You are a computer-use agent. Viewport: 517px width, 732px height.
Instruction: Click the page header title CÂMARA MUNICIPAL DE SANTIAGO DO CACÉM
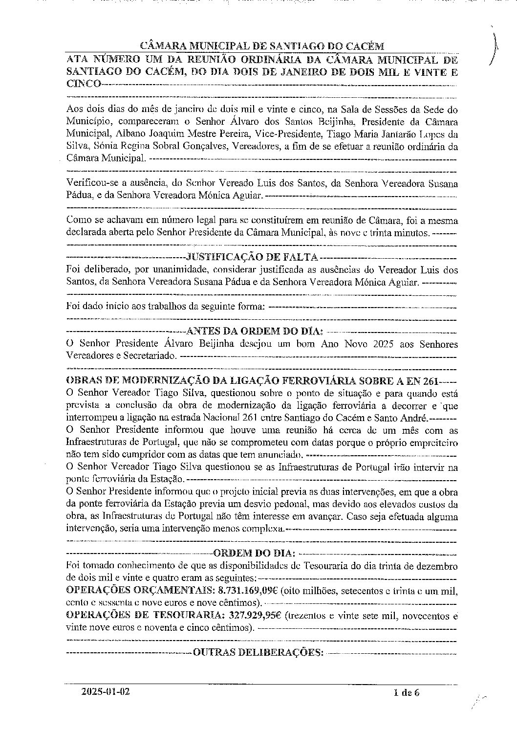coord(262,46)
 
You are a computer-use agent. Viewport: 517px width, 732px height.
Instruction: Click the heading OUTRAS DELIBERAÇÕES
coord(258,652)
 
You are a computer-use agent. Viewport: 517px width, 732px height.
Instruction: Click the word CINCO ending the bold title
coord(84,84)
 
